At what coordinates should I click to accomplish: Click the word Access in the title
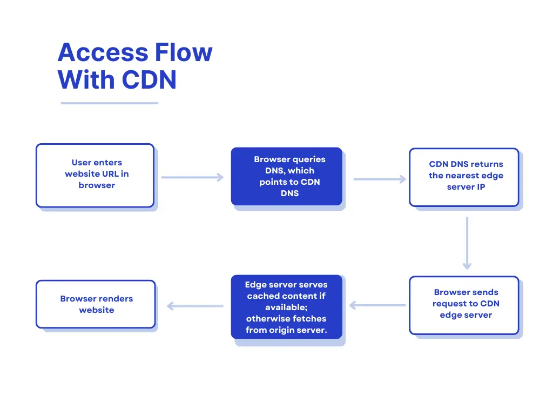click(x=102, y=52)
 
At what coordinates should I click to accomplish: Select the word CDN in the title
click(x=149, y=80)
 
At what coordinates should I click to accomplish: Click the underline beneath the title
click(x=109, y=103)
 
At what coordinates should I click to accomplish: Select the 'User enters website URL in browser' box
click(x=95, y=175)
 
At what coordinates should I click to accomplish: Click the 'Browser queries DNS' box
click(x=287, y=176)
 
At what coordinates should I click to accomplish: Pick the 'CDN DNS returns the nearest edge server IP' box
click(x=464, y=177)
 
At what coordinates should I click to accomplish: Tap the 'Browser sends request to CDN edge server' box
click(x=464, y=305)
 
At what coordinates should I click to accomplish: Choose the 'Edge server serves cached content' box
click(x=287, y=307)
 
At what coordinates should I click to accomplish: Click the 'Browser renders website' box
click(x=96, y=304)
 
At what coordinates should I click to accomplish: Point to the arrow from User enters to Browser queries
click(x=192, y=177)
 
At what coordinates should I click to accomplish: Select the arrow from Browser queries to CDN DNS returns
click(x=379, y=179)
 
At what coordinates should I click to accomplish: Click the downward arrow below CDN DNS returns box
click(x=467, y=243)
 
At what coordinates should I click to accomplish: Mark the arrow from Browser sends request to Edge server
click(x=377, y=305)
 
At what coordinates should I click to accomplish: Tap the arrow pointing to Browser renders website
click(x=195, y=306)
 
